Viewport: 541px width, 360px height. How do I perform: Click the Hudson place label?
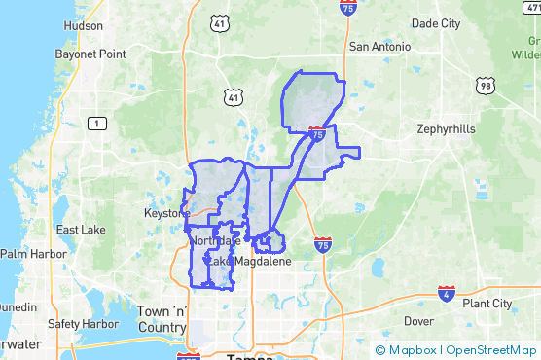[x=81, y=26]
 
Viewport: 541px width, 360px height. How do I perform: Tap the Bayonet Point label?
[x=90, y=54]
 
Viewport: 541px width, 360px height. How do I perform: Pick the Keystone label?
[x=167, y=212]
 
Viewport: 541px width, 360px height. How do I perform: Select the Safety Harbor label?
[x=82, y=324]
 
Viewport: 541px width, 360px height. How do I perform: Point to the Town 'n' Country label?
[x=162, y=319]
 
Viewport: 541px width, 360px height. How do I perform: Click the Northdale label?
[x=215, y=240]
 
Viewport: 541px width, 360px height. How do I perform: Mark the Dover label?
[x=418, y=320]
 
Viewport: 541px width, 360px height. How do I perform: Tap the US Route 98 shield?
[x=485, y=87]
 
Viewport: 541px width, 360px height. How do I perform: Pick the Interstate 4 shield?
[x=446, y=293]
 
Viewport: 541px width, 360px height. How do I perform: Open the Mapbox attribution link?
[x=412, y=350]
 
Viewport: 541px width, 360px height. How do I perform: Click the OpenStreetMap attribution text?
[x=491, y=350]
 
